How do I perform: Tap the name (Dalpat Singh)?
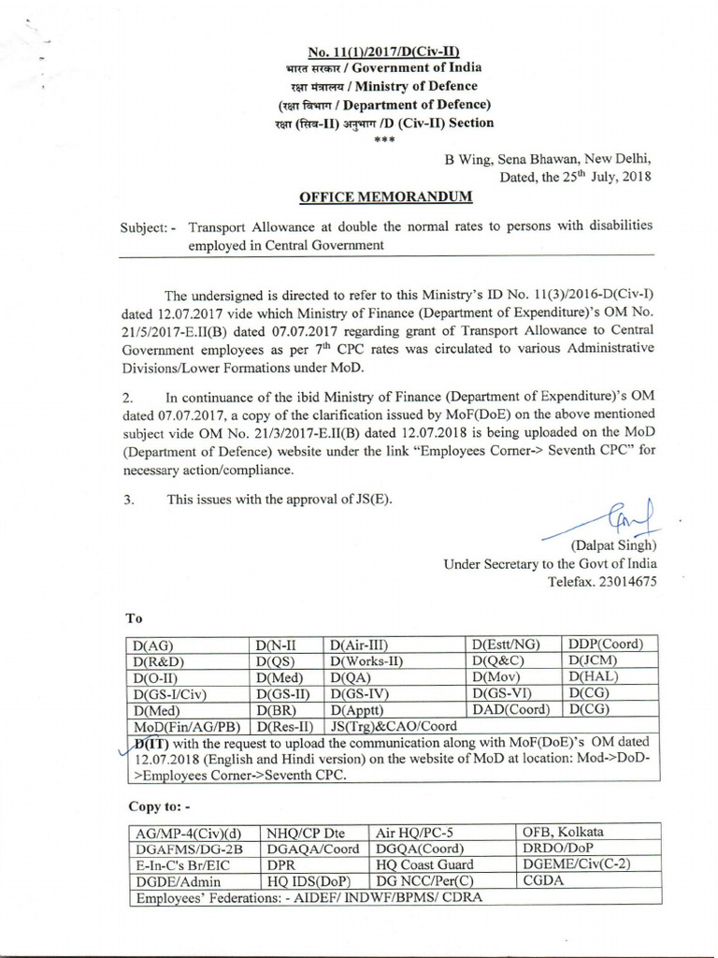click(x=612, y=545)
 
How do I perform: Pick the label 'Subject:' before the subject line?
click(x=149, y=228)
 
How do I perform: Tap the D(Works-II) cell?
click(x=366, y=660)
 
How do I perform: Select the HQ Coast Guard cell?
click(x=423, y=865)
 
